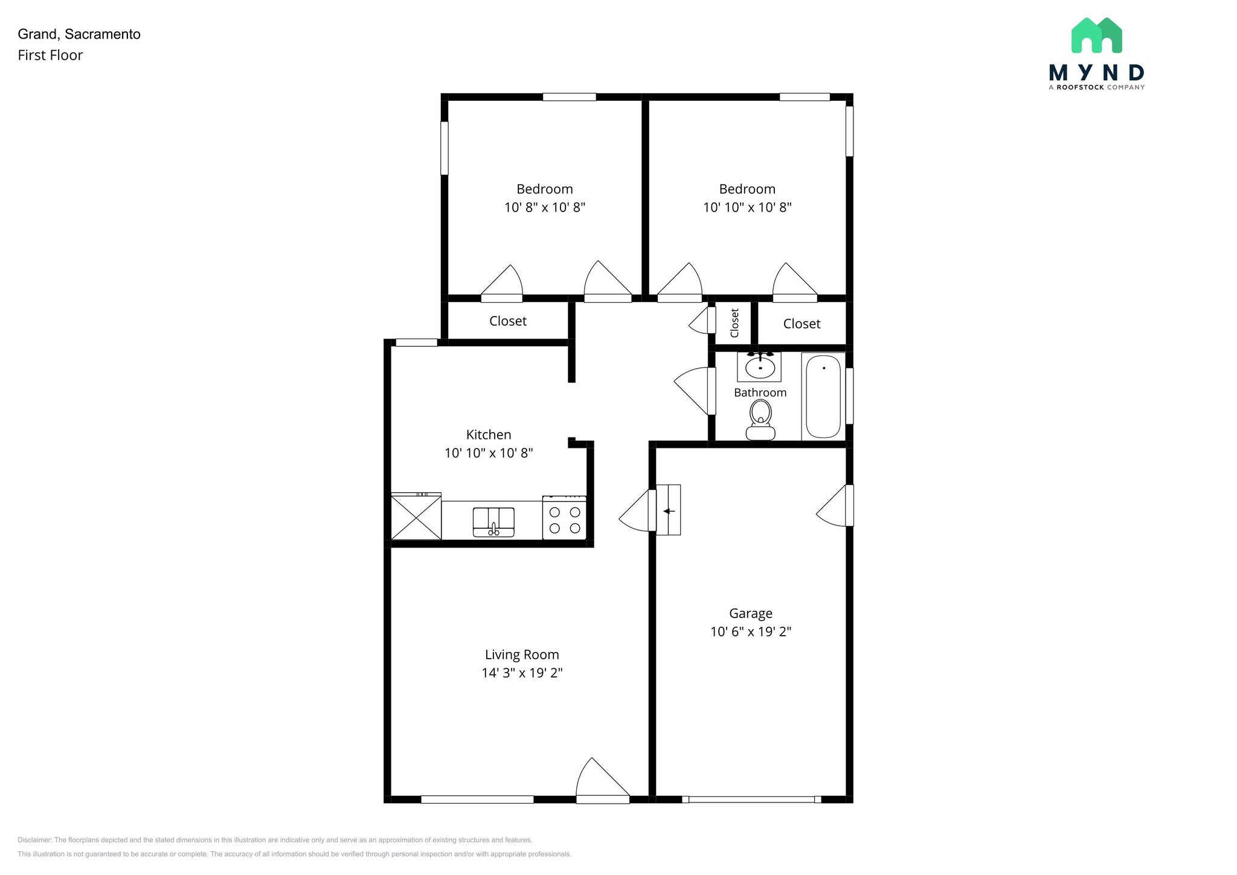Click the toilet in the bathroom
760,421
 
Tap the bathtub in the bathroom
823,396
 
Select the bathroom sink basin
760,367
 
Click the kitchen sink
493,522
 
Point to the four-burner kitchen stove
564,517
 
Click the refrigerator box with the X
416,517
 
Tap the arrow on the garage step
669,511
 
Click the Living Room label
522,654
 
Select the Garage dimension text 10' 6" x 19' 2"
751,632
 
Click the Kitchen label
489,434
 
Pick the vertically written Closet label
734,323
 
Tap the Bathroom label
760,393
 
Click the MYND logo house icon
1096,35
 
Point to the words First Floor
50,56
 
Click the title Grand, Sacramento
79,34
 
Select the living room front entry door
603,781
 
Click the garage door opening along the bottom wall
751,799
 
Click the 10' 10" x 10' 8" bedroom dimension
747,208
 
